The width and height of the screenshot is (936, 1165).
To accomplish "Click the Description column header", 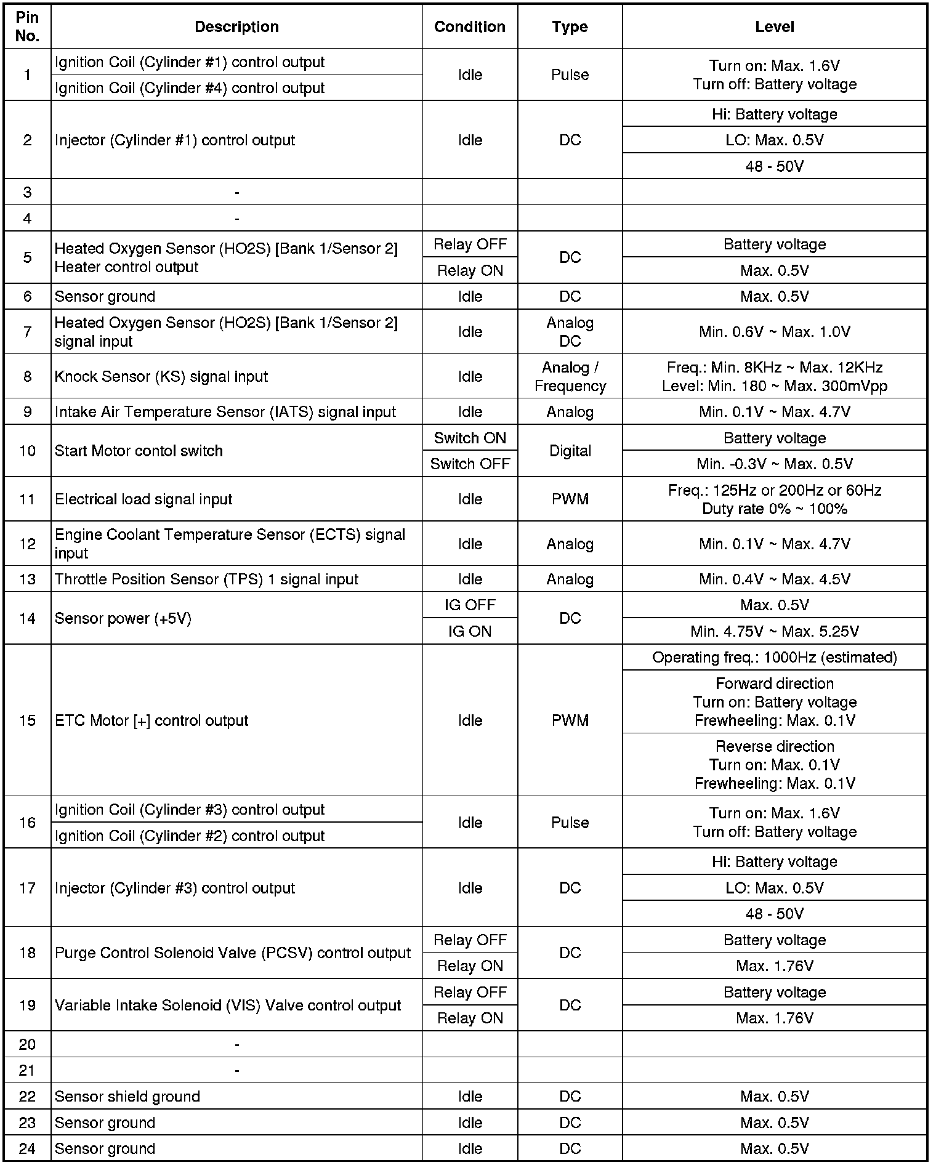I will [x=236, y=27].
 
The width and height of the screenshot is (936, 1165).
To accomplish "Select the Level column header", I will [x=774, y=27].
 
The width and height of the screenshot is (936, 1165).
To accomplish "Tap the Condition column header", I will [x=470, y=27].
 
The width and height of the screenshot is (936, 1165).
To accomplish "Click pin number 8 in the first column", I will [x=28, y=376].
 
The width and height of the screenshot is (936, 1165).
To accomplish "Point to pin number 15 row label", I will [x=28, y=720].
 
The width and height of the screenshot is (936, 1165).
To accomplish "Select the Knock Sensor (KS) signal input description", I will [x=161, y=376].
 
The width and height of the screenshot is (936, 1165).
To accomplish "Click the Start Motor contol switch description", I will [x=139, y=451].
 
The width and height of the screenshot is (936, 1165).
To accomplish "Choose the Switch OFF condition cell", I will [x=470, y=464].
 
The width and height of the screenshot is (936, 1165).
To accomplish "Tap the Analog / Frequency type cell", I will [x=570, y=376].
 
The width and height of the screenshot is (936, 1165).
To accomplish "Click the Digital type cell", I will [x=570, y=451].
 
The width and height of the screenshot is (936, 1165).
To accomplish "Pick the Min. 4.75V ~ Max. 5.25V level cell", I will [x=774, y=631].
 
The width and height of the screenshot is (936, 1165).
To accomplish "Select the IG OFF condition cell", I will [x=470, y=605].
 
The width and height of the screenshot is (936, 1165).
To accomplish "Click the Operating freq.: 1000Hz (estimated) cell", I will [x=774, y=657].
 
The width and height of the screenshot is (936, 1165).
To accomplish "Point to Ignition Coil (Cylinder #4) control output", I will [x=190, y=88].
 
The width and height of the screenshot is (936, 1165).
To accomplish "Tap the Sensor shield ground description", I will [x=127, y=1096].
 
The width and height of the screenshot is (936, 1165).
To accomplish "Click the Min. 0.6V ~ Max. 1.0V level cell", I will [x=774, y=332].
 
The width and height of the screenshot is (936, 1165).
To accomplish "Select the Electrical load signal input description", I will [x=143, y=499].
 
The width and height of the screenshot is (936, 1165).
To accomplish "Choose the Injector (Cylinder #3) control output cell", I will [x=175, y=888].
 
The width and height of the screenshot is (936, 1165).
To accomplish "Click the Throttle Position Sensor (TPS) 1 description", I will [x=206, y=579].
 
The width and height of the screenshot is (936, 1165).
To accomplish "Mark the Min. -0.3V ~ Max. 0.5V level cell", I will [x=774, y=464].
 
